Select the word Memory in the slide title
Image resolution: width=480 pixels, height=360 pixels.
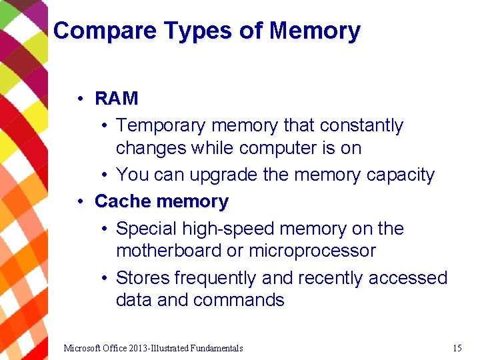click(315, 31)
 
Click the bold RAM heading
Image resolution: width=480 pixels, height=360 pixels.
click(117, 99)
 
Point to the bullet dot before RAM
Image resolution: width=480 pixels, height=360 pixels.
click(79, 99)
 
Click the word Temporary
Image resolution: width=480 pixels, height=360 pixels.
click(161, 126)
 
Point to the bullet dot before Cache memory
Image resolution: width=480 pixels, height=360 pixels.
click(79, 201)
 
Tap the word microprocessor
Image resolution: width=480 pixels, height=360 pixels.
click(312, 251)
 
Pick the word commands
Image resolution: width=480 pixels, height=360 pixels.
click(238, 300)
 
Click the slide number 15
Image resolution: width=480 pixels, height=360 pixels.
click(457, 348)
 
